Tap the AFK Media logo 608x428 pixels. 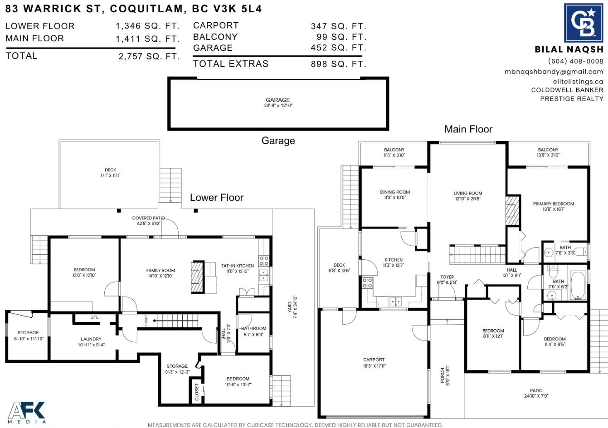coord(27,412)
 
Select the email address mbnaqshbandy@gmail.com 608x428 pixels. coord(554,72)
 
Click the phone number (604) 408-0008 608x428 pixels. coord(575,61)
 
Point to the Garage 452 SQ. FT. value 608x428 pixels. coord(339,48)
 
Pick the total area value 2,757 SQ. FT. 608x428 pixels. coord(149,57)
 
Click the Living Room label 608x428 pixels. coord(468,193)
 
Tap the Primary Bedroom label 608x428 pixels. coord(554,204)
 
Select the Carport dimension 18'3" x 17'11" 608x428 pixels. coord(375,366)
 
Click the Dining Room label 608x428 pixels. coord(395,192)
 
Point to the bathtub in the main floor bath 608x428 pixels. coord(578,285)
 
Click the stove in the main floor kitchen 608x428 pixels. coord(367,283)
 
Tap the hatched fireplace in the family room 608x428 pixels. coord(198,277)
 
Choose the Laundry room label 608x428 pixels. coord(91,339)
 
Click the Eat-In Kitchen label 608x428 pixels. coord(238,266)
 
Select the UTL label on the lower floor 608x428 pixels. coord(94,317)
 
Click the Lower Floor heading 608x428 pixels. coord(217,198)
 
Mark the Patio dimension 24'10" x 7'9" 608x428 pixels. coord(536,396)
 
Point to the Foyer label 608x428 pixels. coord(447,277)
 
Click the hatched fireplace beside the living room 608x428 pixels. coord(512,210)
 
